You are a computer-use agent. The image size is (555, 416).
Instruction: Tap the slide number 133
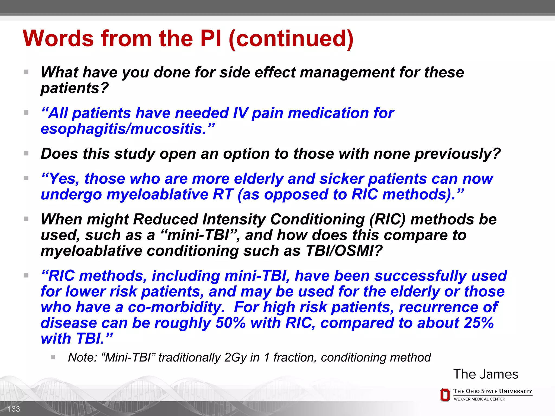point(14,409)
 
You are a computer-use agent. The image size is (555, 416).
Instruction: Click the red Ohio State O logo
point(445,395)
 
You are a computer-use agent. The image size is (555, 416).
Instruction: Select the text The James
point(485,374)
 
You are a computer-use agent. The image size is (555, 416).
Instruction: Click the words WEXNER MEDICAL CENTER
point(479,399)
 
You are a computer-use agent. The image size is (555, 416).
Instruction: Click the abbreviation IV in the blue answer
point(240,113)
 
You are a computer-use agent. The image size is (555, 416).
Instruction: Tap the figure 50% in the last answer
point(230,323)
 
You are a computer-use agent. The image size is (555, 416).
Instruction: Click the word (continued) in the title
point(291,38)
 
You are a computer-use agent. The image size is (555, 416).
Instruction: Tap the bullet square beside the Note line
point(53,357)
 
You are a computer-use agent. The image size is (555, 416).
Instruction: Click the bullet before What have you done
point(26,72)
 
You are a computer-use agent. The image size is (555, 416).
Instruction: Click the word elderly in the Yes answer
point(259,179)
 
